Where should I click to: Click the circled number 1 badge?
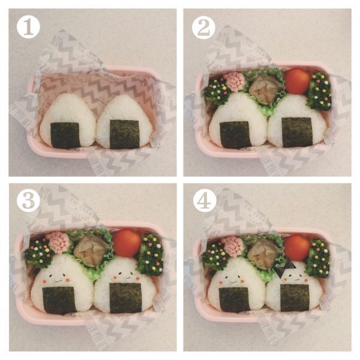28,27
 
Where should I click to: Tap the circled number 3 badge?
28,200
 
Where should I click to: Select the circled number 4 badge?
205,201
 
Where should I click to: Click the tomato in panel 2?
298,80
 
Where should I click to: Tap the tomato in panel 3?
127,243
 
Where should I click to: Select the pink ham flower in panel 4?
234,245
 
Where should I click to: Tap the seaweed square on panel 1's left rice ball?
65,135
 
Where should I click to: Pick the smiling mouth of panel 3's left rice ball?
58,281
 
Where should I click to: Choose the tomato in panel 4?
297,247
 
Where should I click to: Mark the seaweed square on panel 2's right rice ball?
297,132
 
